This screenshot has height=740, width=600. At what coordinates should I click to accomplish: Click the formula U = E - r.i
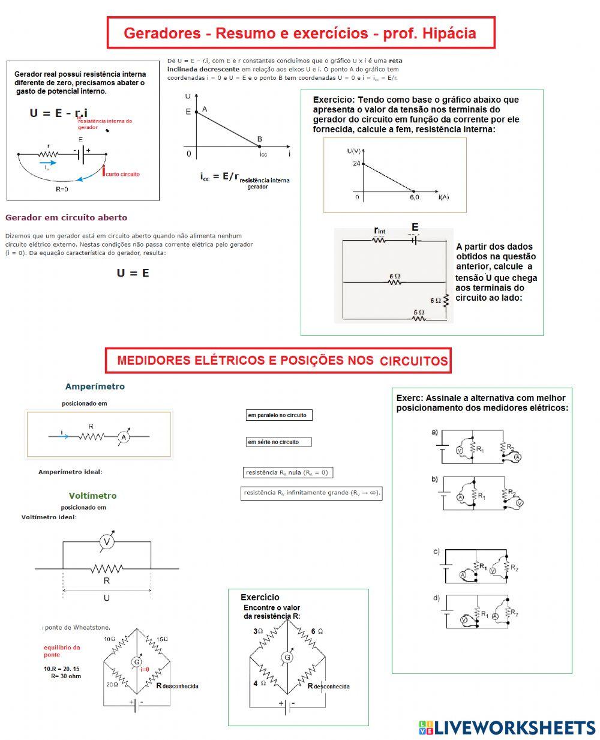59,113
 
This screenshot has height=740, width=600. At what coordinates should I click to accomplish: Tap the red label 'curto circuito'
122,174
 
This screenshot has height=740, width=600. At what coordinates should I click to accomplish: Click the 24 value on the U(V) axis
357,163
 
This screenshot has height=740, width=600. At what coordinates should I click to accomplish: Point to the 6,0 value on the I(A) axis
415,197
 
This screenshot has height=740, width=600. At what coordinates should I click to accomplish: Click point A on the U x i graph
205,109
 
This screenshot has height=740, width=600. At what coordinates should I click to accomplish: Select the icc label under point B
263,154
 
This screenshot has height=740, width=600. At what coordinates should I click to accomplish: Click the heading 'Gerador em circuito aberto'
66,217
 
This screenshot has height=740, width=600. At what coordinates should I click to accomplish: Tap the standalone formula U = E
133,273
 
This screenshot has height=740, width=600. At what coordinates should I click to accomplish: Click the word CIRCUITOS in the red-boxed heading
413,361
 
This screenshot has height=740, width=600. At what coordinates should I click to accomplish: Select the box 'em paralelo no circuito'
278,415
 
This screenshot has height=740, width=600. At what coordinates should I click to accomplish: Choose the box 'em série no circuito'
278,442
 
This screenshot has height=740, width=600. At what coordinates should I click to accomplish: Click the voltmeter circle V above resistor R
107,542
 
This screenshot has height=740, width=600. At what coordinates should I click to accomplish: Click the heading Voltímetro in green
92,496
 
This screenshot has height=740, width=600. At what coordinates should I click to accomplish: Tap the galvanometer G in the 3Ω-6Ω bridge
287,657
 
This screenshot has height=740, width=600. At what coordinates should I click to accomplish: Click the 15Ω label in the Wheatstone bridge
162,639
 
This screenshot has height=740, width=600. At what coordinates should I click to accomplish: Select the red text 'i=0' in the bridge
145,669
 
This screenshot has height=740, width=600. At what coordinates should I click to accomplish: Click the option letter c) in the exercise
436,552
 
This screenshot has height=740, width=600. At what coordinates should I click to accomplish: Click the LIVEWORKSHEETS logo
507,727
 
